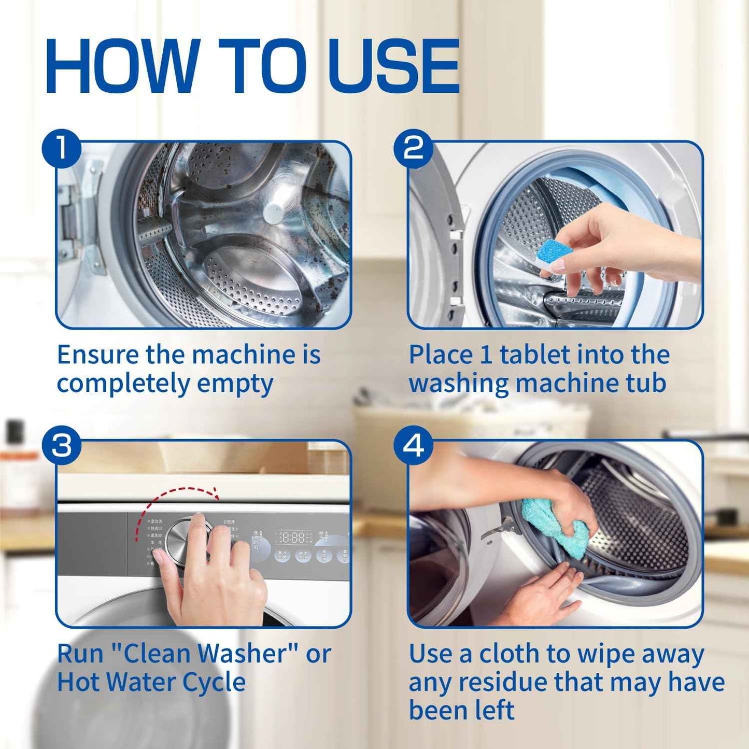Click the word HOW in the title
(122, 66)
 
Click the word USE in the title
(394, 66)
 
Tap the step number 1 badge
(62, 148)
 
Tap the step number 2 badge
(413, 148)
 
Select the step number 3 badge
(62, 446)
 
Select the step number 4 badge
(413, 446)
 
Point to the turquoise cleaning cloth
(555, 521)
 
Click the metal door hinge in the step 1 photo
(78, 218)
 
